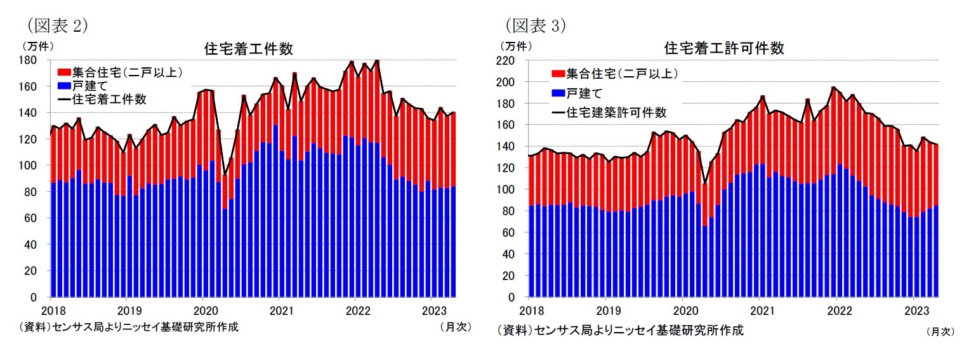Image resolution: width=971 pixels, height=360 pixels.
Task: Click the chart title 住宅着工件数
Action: click(x=248, y=48)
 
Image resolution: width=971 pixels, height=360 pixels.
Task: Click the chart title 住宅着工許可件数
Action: click(x=723, y=48)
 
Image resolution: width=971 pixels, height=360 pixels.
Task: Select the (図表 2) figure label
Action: click(x=56, y=25)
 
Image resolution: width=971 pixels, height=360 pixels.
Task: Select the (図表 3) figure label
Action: click(x=534, y=25)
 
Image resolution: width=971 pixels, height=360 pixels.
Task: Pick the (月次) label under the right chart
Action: click(x=939, y=331)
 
